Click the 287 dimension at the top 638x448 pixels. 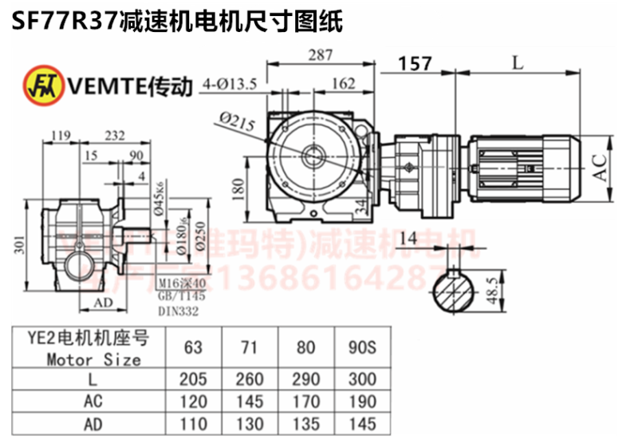click(x=320, y=55)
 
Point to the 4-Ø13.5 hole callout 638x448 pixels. click(x=230, y=82)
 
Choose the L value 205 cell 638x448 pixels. click(x=192, y=380)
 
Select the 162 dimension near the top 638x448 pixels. click(x=343, y=82)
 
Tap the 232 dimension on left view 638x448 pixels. click(x=113, y=136)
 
